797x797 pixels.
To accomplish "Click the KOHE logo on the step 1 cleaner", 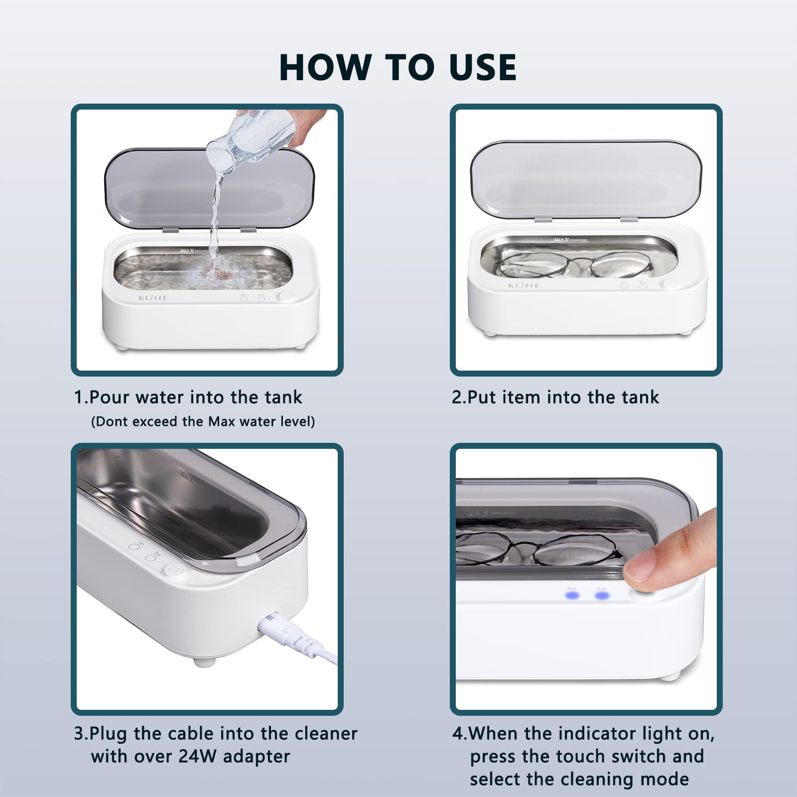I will (x=153, y=298).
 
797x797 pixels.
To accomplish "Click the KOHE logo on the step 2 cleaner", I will (x=524, y=285).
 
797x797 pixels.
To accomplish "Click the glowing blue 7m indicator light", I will (x=572, y=596).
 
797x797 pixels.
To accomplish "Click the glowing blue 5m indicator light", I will (x=602, y=596).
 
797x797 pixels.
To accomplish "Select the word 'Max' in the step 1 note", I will (x=221, y=422).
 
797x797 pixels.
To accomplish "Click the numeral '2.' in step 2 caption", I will (x=458, y=398).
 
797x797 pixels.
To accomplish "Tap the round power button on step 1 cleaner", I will (x=285, y=297).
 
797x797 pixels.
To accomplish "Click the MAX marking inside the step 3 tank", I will (x=187, y=476).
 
